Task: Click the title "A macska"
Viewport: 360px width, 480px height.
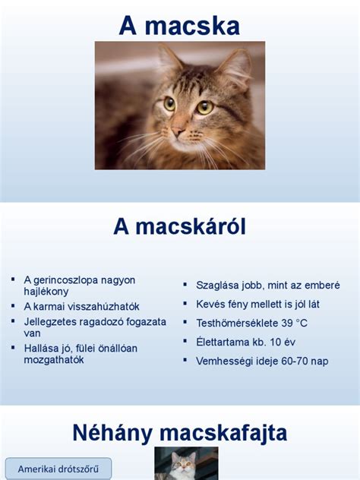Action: coord(179,26)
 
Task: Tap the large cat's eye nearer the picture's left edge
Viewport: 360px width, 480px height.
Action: coord(169,103)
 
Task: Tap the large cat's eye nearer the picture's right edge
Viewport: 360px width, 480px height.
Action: coord(204,107)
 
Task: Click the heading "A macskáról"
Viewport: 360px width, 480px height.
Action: coord(179,226)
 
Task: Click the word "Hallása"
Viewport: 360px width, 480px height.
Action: coord(42,348)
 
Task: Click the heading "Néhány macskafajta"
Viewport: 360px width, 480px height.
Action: coord(179,433)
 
